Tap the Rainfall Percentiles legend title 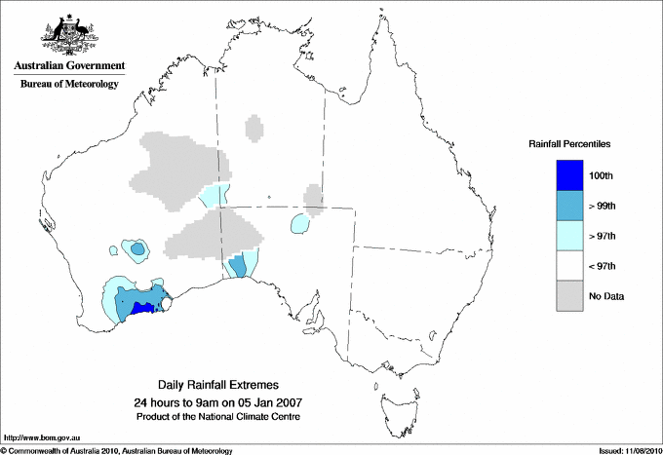pos(569,144)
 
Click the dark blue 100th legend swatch pos(569,174)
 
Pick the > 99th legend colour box pos(569,205)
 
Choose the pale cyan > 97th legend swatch pos(569,235)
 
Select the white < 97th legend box pos(569,265)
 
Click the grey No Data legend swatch pos(569,295)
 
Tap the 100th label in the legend pos(601,175)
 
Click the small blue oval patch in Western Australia pos(136,249)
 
